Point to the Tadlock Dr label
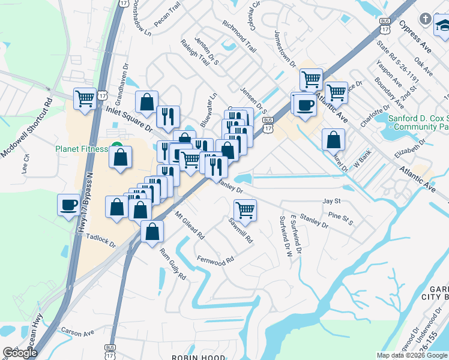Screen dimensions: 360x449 tap(100, 240)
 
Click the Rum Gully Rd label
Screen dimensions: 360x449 tap(173, 265)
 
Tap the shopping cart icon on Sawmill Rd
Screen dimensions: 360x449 tap(245, 210)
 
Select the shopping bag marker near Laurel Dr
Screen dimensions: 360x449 tap(333, 139)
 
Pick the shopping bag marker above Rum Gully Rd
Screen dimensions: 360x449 tap(152, 231)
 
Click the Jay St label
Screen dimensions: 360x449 tap(331, 201)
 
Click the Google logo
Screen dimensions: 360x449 tap(20, 353)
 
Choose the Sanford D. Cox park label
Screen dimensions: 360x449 tap(418, 123)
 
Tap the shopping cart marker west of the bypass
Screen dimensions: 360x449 tap(85, 98)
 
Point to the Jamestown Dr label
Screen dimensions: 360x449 tap(285, 48)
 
